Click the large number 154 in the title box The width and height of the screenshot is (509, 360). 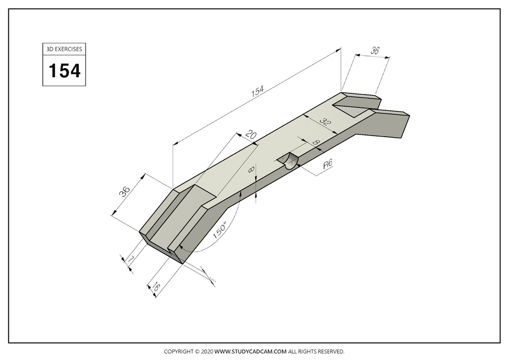coord(64,71)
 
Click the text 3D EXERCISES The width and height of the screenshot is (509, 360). coord(64,49)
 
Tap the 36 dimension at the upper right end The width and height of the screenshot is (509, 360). coord(375,51)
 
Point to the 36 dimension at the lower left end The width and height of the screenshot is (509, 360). coord(125,191)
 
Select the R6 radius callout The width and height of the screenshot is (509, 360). coord(328,165)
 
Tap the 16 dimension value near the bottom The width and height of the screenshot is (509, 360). coord(156,287)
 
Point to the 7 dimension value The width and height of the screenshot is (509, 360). coord(130,258)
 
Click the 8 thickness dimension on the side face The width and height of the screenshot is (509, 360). coord(251,168)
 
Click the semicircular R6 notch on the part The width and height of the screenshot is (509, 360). coord(290,163)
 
